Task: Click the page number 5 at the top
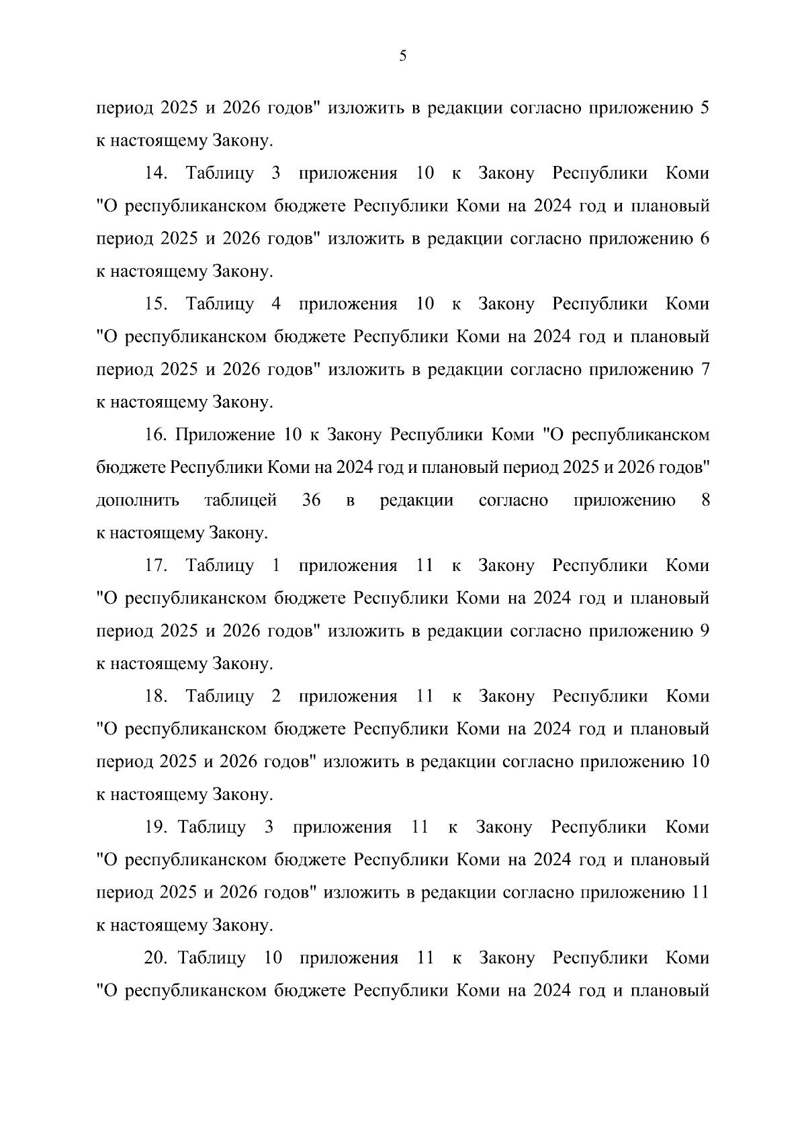point(402,56)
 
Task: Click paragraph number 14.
point(156,173)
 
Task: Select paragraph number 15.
point(156,304)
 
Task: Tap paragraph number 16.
point(156,435)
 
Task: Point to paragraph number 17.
point(156,566)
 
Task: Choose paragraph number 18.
point(156,697)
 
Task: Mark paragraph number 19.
point(156,827)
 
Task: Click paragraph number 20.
point(156,958)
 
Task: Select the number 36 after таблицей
point(312,500)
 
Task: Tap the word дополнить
point(138,501)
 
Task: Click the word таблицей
point(240,501)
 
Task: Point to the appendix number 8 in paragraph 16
point(705,500)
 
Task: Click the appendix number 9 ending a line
point(705,631)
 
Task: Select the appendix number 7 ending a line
point(705,370)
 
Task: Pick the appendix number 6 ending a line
point(705,239)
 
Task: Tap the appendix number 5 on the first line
point(705,108)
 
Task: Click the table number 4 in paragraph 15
point(275,304)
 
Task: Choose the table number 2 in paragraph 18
point(275,697)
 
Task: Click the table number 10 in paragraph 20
point(273,958)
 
